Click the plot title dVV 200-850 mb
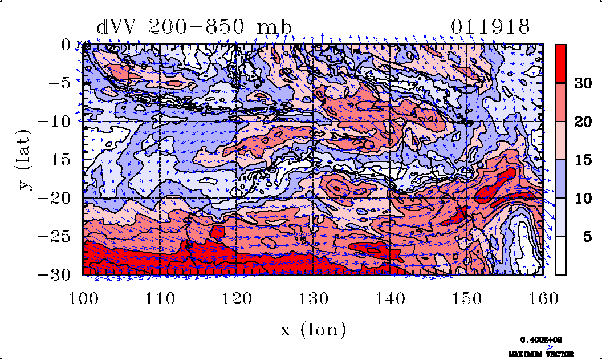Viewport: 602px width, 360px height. (x=194, y=27)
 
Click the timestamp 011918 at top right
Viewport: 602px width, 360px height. (x=490, y=27)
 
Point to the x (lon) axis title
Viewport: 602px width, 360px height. (x=313, y=329)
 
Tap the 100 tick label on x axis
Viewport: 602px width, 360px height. (x=83, y=298)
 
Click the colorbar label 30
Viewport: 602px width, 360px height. (x=582, y=83)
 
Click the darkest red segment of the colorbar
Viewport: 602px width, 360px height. (x=561, y=64)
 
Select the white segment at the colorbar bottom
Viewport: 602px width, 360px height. (x=561, y=256)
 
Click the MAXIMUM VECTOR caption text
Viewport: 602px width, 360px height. (x=541, y=354)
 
